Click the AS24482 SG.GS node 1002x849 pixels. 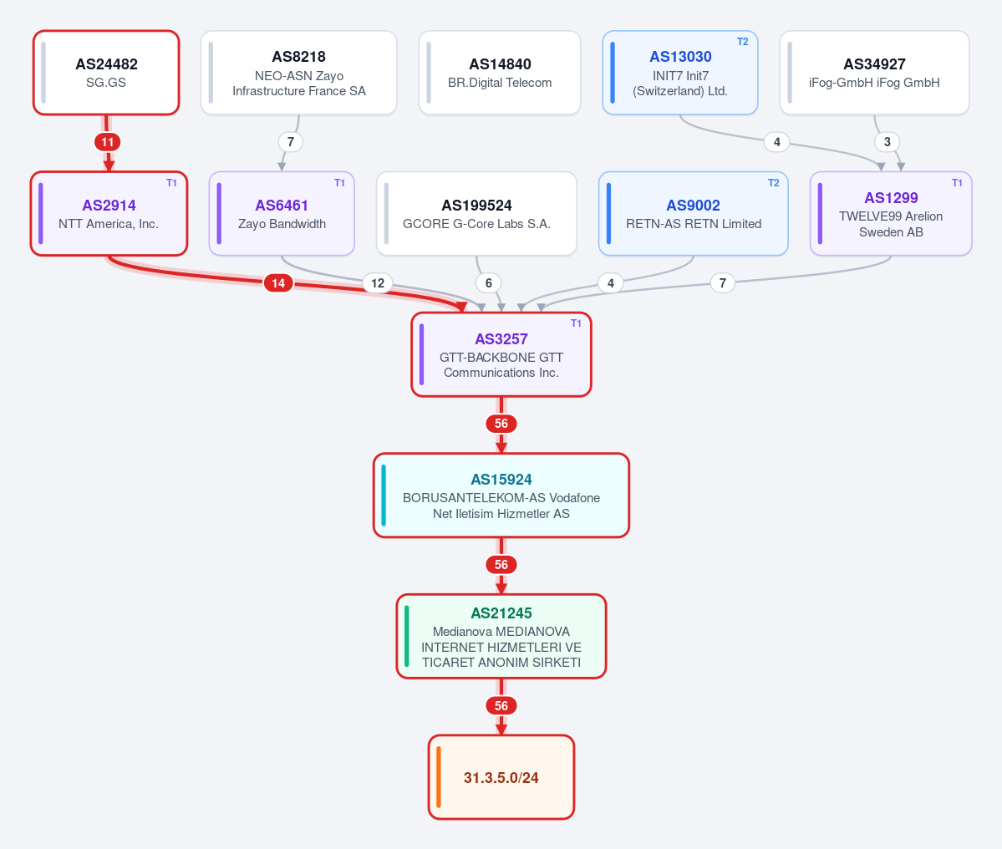106,73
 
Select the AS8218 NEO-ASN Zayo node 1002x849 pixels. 298,73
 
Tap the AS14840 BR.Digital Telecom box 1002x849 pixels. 500,73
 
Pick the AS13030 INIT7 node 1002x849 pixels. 680,73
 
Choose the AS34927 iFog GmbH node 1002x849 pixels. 874,73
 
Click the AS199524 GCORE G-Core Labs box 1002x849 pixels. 476,213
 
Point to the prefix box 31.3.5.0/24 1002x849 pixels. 501,777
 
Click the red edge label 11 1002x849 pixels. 107,142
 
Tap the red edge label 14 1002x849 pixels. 278,283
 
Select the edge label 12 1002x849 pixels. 378,283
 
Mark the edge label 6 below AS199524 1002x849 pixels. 488,283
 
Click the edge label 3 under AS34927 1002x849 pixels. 887,142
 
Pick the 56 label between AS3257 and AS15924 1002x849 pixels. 501,424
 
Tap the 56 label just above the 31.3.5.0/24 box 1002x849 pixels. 501,706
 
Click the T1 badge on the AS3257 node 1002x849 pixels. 576,323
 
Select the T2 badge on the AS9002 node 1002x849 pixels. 773,183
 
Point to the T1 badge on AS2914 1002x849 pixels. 171,183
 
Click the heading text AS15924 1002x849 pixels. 501,479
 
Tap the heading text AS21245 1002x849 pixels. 501,613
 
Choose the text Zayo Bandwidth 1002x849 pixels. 282,224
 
